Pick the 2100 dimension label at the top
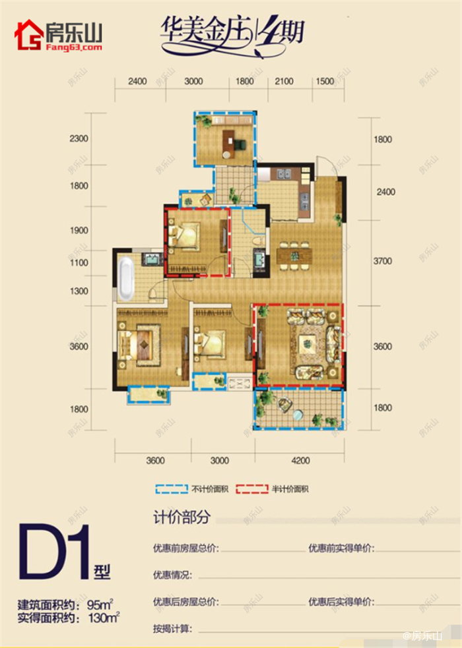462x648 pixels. (x=283, y=82)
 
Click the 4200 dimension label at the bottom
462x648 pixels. (x=298, y=460)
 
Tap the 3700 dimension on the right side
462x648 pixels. (x=382, y=261)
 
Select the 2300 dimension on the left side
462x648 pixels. (x=79, y=139)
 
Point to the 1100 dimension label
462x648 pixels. (x=79, y=263)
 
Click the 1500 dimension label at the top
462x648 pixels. (x=325, y=82)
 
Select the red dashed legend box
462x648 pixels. (x=253, y=489)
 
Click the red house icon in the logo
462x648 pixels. (x=28, y=36)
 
